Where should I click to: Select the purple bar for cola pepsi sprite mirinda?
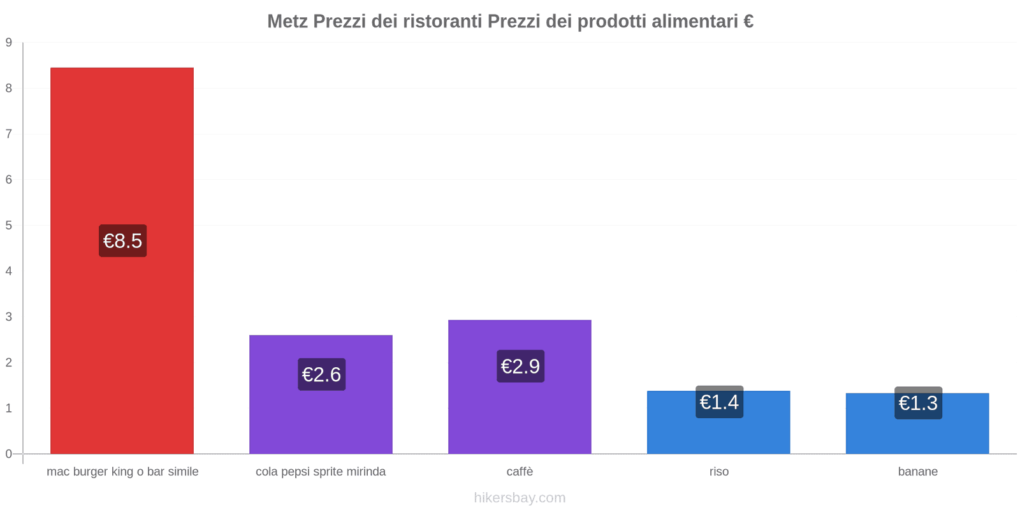click(x=321, y=421)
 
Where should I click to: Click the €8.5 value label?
click(x=122, y=241)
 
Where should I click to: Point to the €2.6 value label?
click(x=321, y=374)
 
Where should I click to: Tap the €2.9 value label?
click(x=520, y=367)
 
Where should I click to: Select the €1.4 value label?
click(x=719, y=402)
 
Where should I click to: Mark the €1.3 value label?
click(x=918, y=403)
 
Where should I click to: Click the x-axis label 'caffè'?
click(x=520, y=472)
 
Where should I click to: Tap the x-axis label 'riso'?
click(x=718, y=472)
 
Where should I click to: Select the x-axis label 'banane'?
click(x=917, y=472)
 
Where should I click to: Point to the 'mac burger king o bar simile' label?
click(x=122, y=472)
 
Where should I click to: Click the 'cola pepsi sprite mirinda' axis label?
click(x=321, y=472)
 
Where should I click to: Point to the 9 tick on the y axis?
click(x=9, y=43)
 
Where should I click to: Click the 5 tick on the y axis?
click(x=9, y=225)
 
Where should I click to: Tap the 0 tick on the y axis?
click(x=9, y=454)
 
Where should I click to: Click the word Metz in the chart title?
click(x=288, y=22)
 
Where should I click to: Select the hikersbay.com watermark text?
click(x=520, y=498)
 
